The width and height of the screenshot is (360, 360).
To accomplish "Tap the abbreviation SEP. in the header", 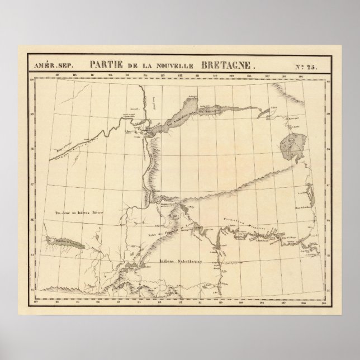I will (x=66, y=65).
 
